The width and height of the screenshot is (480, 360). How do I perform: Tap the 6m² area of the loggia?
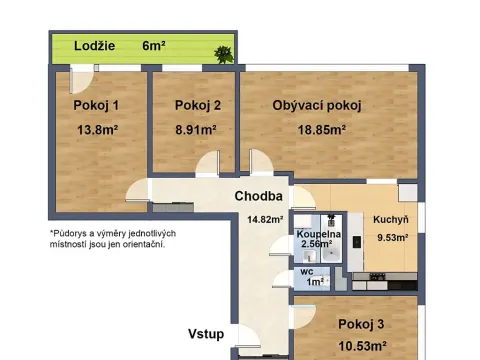click(x=153, y=45)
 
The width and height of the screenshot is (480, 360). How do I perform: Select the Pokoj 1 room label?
click(x=96, y=106)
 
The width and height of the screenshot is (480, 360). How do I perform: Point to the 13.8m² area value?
click(x=97, y=129)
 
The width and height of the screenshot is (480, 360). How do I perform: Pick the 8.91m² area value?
click(x=195, y=129)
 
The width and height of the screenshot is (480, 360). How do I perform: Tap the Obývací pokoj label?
click(x=316, y=105)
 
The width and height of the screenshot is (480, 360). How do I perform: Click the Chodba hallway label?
click(x=259, y=196)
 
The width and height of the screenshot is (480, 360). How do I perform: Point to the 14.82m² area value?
click(x=265, y=220)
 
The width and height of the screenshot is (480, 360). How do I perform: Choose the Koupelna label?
click(x=319, y=234)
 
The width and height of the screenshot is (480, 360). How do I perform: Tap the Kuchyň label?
click(x=391, y=220)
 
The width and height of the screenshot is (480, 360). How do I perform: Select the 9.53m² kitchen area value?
click(x=391, y=238)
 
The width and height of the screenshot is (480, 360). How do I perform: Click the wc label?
click(x=306, y=271)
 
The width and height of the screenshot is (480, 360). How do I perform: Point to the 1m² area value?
click(x=314, y=283)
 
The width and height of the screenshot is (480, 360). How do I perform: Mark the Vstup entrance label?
click(x=206, y=333)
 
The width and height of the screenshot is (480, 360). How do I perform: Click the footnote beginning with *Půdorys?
click(x=111, y=238)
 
